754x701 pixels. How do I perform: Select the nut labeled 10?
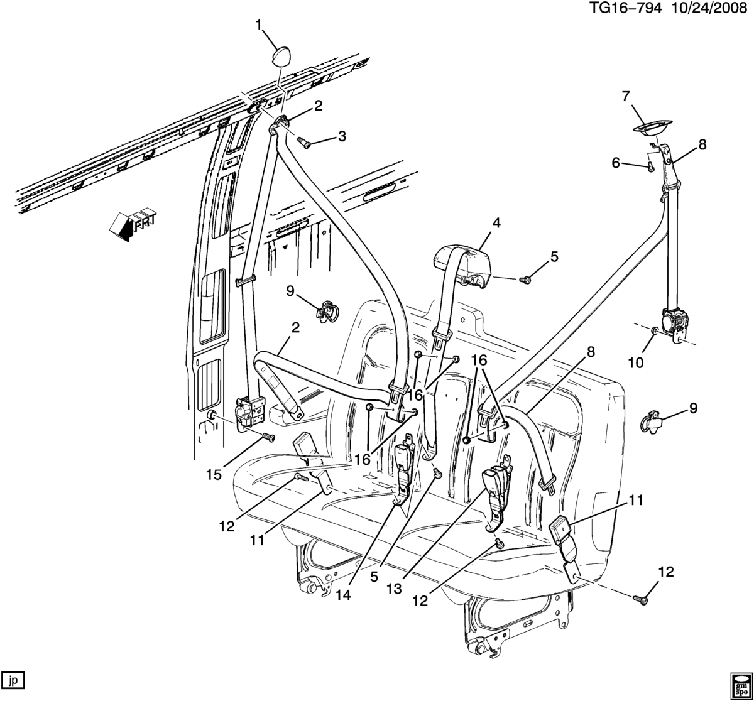click(655, 332)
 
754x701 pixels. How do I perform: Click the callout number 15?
click(215, 475)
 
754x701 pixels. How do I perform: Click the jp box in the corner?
click(13, 681)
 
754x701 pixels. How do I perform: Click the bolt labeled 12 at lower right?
click(640, 600)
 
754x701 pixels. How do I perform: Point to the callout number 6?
click(616, 163)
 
